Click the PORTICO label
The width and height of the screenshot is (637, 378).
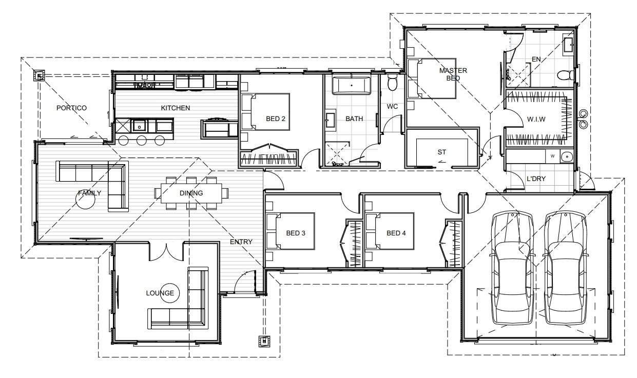[x=71, y=108]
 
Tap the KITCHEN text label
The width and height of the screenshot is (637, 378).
[x=176, y=108]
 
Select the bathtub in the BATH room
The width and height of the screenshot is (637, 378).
[x=351, y=86]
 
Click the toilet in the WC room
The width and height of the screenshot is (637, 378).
[x=393, y=83]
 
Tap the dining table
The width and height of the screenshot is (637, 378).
[x=191, y=193]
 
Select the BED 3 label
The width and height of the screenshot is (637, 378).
[x=296, y=233]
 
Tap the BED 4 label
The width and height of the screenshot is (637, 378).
[x=396, y=233]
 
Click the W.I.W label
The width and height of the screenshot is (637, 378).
[x=536, y=120]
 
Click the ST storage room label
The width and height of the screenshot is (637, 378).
[x=441, y=152]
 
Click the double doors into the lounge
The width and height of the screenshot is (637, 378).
[x=165, y=251]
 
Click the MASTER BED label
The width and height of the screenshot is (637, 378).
[x=453, y=74]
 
